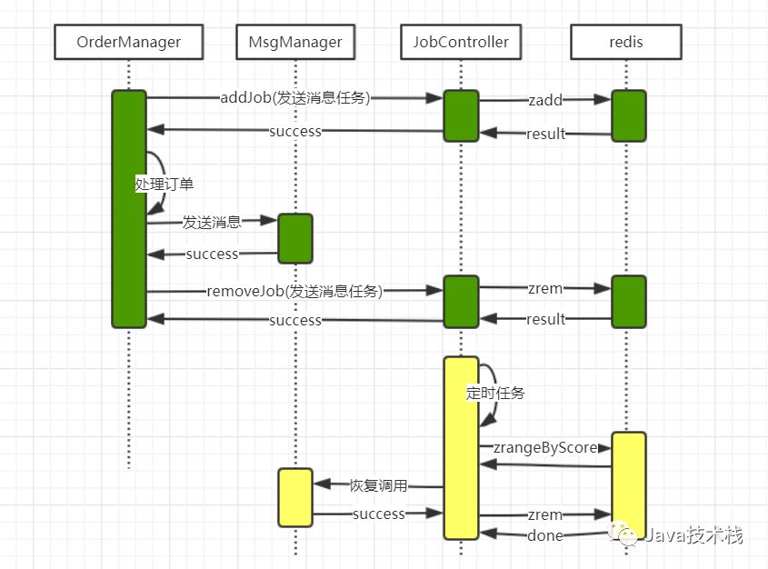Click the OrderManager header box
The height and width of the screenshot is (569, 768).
(129, 42)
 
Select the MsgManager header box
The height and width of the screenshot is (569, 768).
(295, 42)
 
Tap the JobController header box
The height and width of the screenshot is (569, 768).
(461, 42)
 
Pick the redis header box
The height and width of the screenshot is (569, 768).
(626, 42)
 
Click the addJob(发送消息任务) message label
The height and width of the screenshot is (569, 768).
(295, 98)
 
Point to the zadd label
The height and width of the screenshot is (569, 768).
(545, 100)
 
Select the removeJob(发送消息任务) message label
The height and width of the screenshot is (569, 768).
(294, 292)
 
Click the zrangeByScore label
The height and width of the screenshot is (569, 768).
(545, 447)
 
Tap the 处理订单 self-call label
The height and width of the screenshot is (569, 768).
(165, 185)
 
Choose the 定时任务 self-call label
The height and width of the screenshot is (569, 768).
(495, 393)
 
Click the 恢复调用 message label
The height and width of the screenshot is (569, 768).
(378, 485)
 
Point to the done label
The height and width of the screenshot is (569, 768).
(545, 535)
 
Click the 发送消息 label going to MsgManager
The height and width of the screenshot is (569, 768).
(212, 223)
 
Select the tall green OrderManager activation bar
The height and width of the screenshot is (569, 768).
(129, 209)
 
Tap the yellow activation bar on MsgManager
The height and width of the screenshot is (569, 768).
(295, 497)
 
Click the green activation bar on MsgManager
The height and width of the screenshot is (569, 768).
(295, 238)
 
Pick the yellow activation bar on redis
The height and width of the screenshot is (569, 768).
(629, 484)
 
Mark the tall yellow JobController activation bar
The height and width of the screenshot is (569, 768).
(462, 448)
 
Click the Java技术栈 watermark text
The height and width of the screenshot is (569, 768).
(693, 535)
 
